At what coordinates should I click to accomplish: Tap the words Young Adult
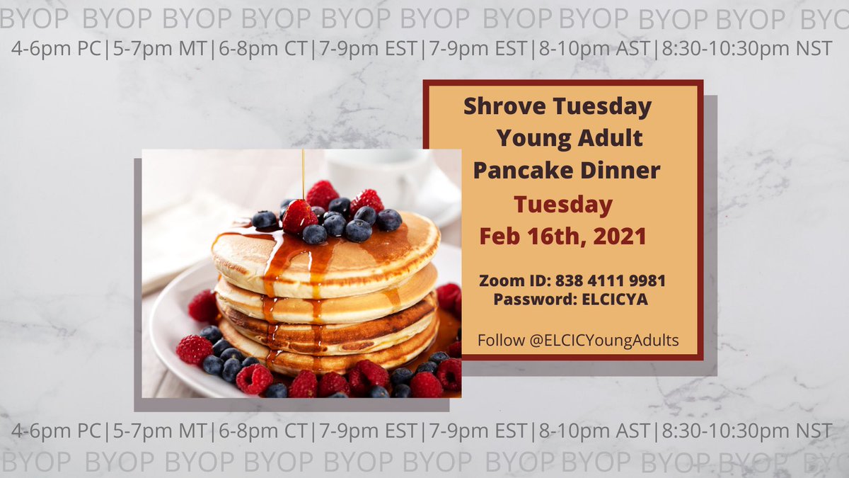(569, 138)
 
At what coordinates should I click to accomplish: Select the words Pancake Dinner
(566, 171)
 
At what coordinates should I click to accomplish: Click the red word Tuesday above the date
(563, 205)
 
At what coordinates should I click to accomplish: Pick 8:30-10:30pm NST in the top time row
(746, 50)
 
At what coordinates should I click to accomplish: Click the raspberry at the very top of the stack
(323, 194)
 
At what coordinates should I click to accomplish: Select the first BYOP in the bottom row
(35, 462)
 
